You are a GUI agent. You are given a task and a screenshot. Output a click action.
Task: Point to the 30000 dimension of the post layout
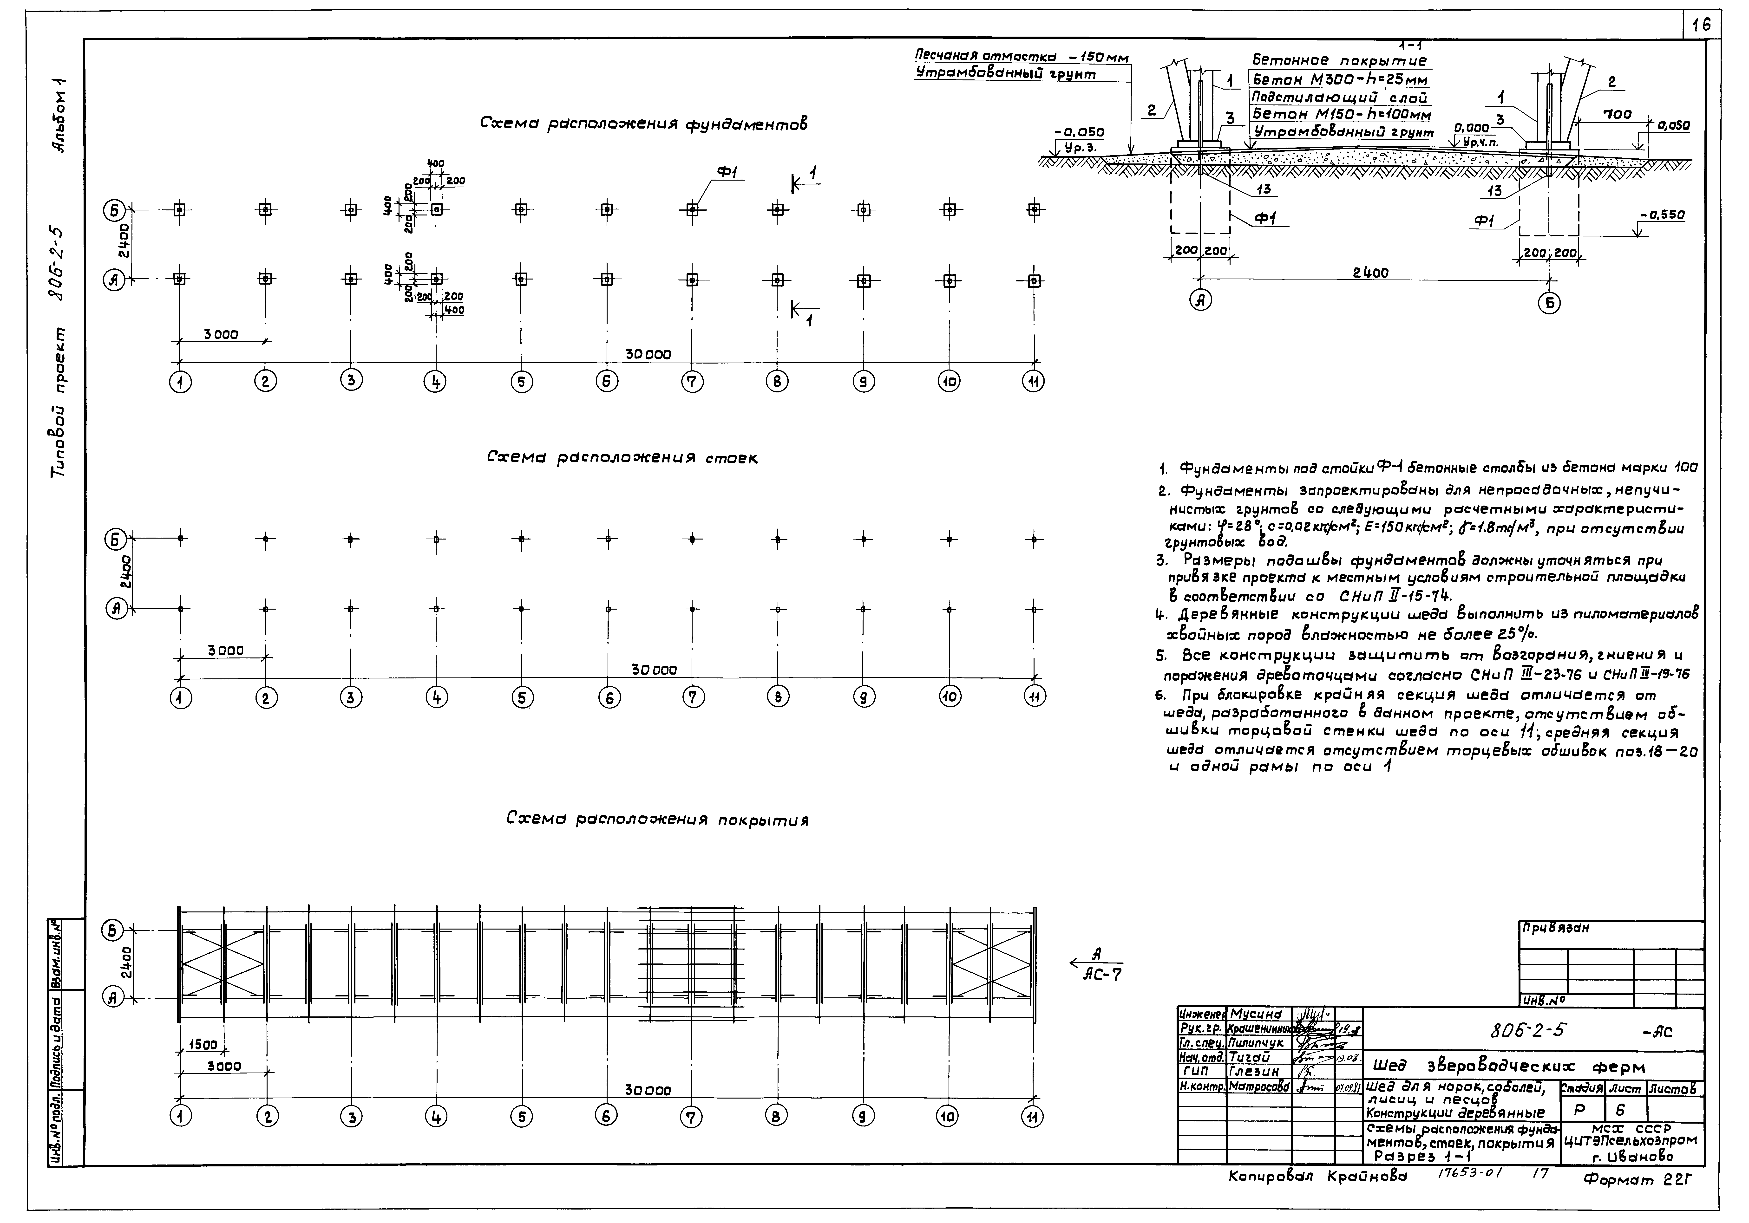coord(654,670)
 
